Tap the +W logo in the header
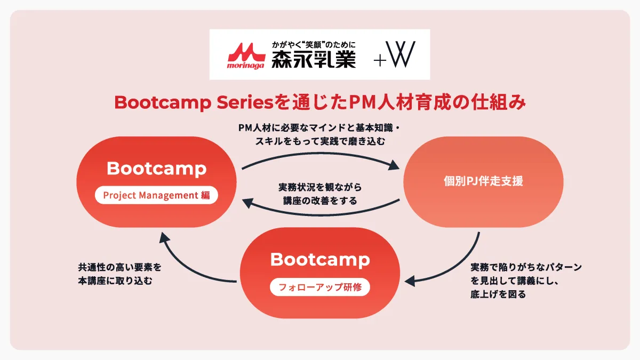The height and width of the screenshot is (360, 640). point(395,54)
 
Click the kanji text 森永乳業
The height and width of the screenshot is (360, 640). point(314,59)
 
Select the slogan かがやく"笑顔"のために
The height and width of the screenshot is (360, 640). point(314,45)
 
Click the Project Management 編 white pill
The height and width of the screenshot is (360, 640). point(156,195)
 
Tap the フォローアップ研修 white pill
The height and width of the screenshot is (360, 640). point(319,287)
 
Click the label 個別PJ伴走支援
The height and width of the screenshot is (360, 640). point(483,181)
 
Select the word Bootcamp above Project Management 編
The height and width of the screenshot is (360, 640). point(157,169)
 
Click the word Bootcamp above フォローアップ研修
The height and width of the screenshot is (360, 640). point(320,260)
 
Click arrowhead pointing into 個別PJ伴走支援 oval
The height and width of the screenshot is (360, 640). point(394,165)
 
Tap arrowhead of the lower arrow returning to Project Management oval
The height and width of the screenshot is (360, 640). point(247,203)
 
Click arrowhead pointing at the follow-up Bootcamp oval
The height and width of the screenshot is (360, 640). point(410,281)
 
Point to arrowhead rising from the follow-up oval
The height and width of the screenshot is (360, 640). point(164,237)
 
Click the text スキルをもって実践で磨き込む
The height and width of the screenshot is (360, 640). point(320,141)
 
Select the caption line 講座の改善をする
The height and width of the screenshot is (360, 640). point(320,201)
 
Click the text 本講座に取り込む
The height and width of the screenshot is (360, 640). point(115,281)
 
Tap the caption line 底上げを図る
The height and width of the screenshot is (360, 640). point(498,294)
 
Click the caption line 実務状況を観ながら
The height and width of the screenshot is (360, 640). point(320,187)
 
